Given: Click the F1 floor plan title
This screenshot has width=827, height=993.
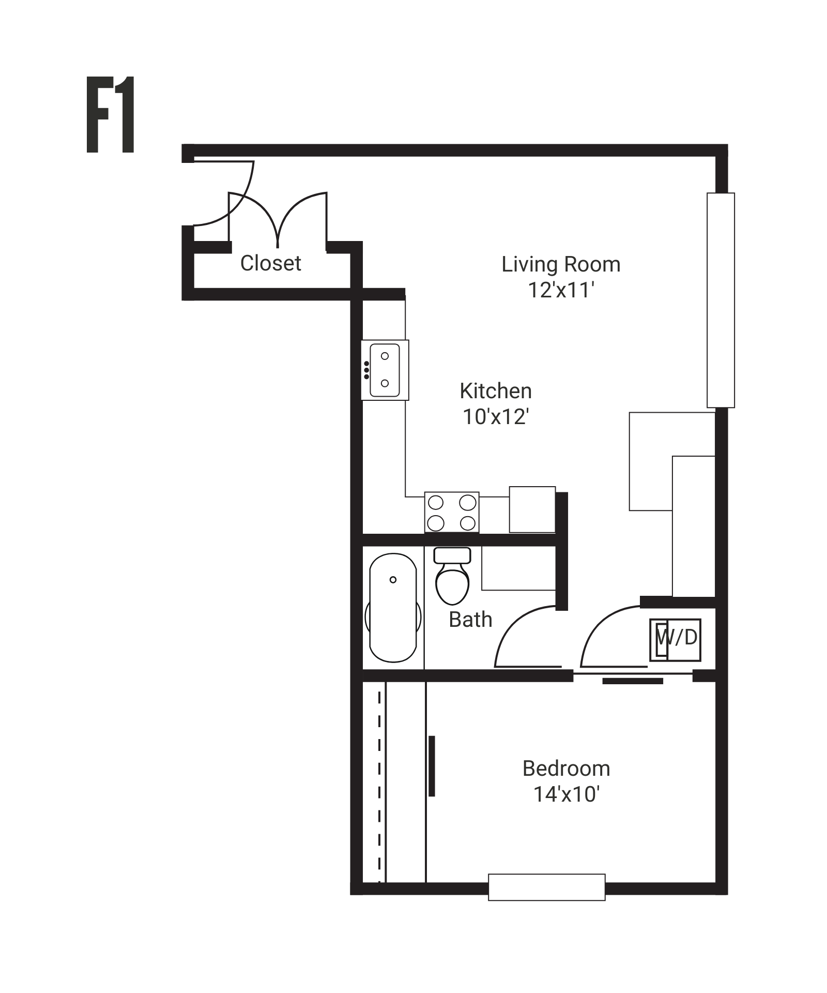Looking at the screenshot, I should click(111, 115).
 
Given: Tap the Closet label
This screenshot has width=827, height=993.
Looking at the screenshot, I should click(270, 263).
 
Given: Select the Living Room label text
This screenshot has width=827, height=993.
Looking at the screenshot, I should click(561, 265).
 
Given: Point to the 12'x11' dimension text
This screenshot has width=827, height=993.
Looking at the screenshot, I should click(561, 291).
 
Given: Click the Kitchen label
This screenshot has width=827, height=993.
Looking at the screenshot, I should click(496, 391).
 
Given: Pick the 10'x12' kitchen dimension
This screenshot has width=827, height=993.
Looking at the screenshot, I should click(496, 417).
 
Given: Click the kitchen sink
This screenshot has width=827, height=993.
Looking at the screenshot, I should click(385, 370).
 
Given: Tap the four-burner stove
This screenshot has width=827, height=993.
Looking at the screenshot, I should click(452, 512).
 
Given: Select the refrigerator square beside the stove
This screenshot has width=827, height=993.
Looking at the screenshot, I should click(532, 509).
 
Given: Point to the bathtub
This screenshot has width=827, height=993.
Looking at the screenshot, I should click(393, 608).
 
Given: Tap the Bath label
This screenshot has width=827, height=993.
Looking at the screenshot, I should click(470, 620).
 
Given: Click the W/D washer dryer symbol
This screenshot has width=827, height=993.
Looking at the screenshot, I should click(676, 640).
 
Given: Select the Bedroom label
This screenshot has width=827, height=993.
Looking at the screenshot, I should click(566, 769).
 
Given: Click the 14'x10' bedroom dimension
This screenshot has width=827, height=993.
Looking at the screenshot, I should click(566, 794).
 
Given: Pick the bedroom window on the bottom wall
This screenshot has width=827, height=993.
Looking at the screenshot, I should click(546, 887).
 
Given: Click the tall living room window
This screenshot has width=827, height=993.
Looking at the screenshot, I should click(721, 300).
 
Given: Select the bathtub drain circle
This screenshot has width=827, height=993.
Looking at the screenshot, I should click(393, 580).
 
